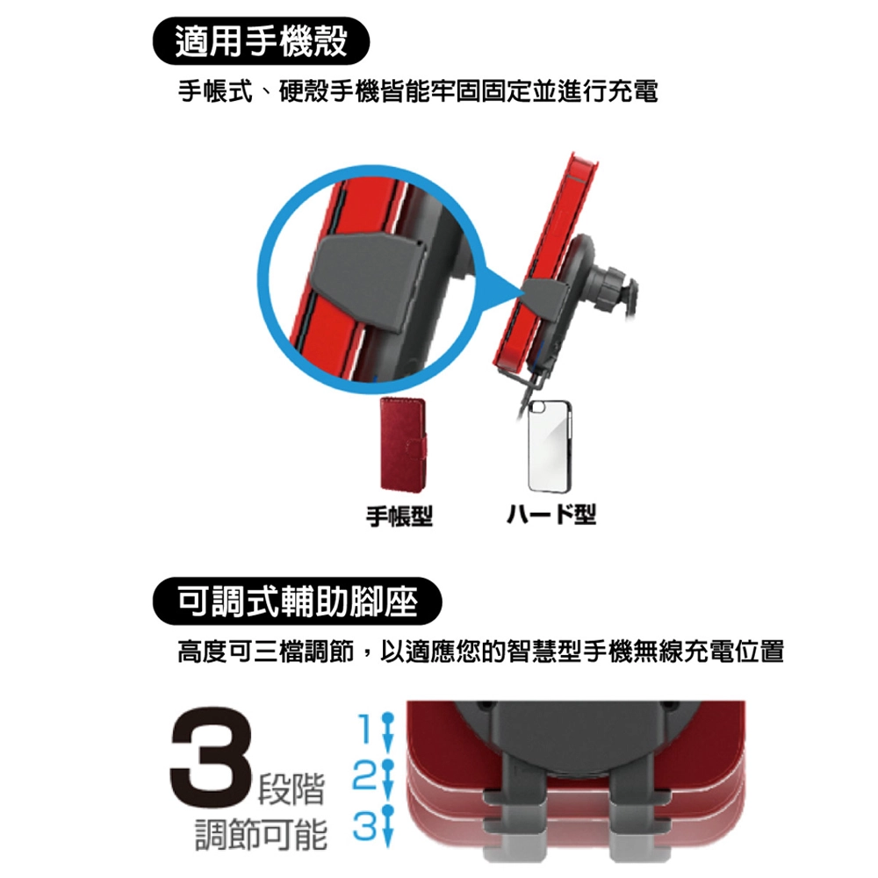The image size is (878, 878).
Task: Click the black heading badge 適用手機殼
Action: click(261, 41)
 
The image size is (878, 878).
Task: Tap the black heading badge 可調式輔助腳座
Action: click(298, 601)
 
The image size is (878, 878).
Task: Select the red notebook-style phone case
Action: click(403, 445)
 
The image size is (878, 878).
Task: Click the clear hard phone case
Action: click(551, 446)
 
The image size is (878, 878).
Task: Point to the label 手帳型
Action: click(399, 515)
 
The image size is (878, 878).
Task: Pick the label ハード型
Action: click(551, 514)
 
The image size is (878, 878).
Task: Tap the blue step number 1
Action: click(365, 728)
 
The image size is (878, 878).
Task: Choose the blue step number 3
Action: click(364, 824)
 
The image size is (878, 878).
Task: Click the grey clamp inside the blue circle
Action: click(370, 282)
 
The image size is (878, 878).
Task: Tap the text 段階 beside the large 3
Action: click(291, 789)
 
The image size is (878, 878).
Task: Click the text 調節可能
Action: click(261, 834)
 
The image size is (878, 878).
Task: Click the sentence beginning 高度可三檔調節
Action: click(480, 652)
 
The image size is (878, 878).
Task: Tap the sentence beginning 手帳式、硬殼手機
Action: click(418, 91)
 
